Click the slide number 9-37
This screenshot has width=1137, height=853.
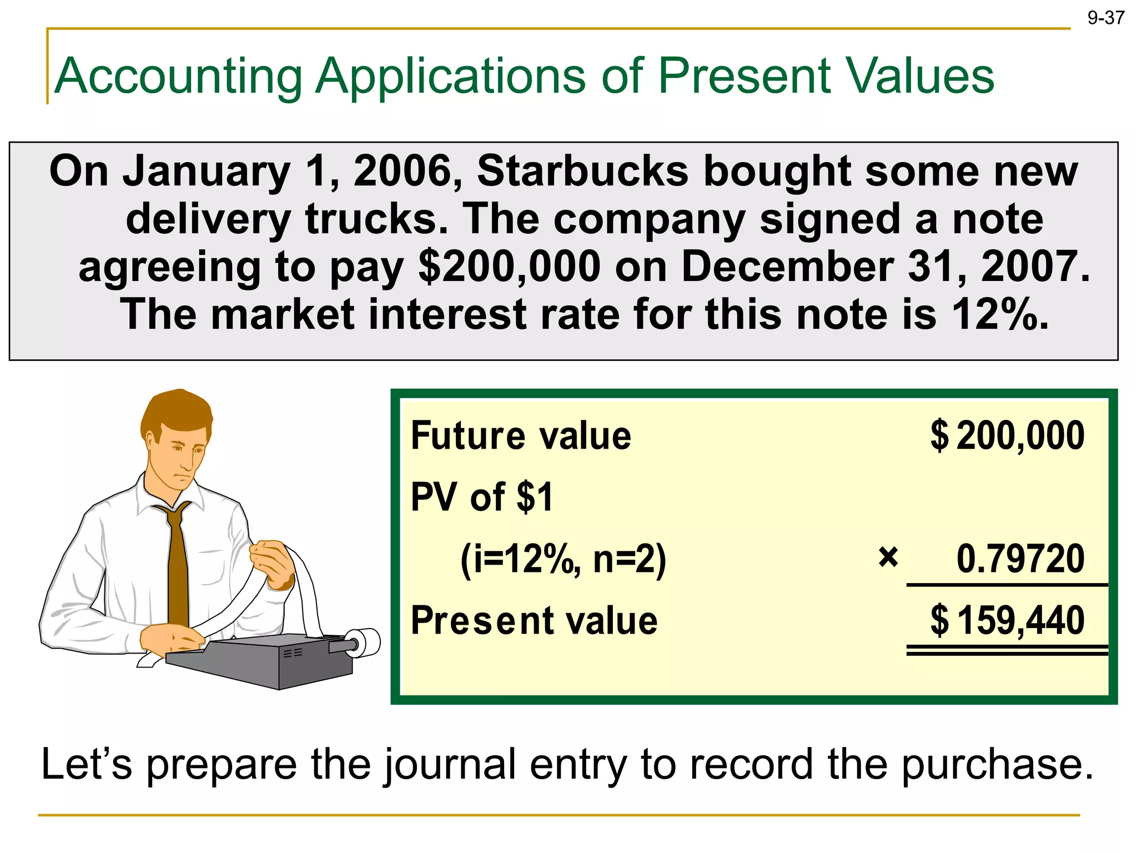coord(1105,18)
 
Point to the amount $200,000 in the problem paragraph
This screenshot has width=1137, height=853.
coord(509,267)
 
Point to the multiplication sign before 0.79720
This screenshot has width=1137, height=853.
coord(888,557)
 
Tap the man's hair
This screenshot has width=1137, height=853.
coord(175,411)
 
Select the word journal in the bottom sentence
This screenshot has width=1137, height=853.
coord(450,765)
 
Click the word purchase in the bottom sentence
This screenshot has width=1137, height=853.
coord(997,765)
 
